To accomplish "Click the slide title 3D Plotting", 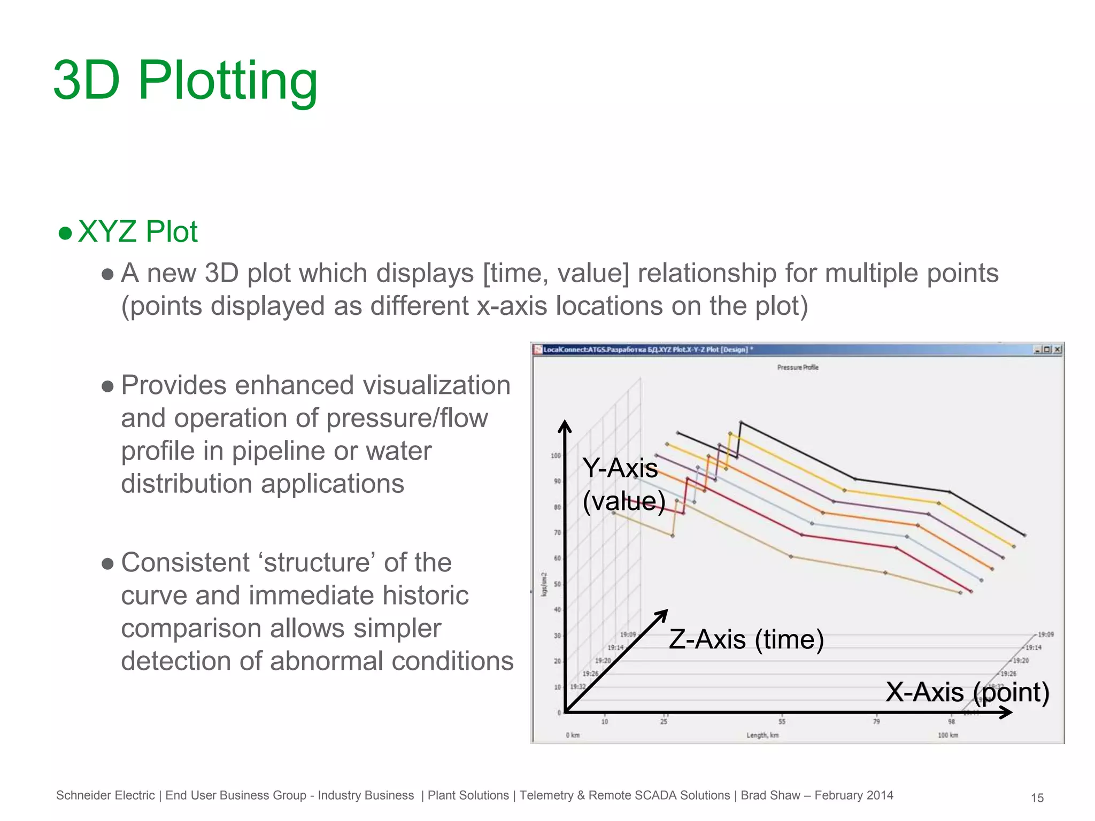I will [186, 81].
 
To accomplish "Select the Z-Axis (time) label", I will [746, 639].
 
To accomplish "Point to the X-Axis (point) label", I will [967, 692].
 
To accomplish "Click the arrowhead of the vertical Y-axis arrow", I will [565, 425].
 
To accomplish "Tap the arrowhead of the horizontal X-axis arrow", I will [1007, 712].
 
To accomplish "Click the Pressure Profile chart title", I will [797, 367].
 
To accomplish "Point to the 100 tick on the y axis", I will [556, 456].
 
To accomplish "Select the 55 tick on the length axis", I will [782, 722].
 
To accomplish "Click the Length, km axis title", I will [762, 735].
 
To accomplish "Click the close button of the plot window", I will [1057, 350].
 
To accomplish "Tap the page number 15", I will [1037, 798].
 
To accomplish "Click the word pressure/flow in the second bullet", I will [407, 418].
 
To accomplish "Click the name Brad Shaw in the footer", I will [770, 795].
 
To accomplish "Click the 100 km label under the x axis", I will [948, 735].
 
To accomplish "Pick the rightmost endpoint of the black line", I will [1024, 535].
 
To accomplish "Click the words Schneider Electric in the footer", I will [105, 795].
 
